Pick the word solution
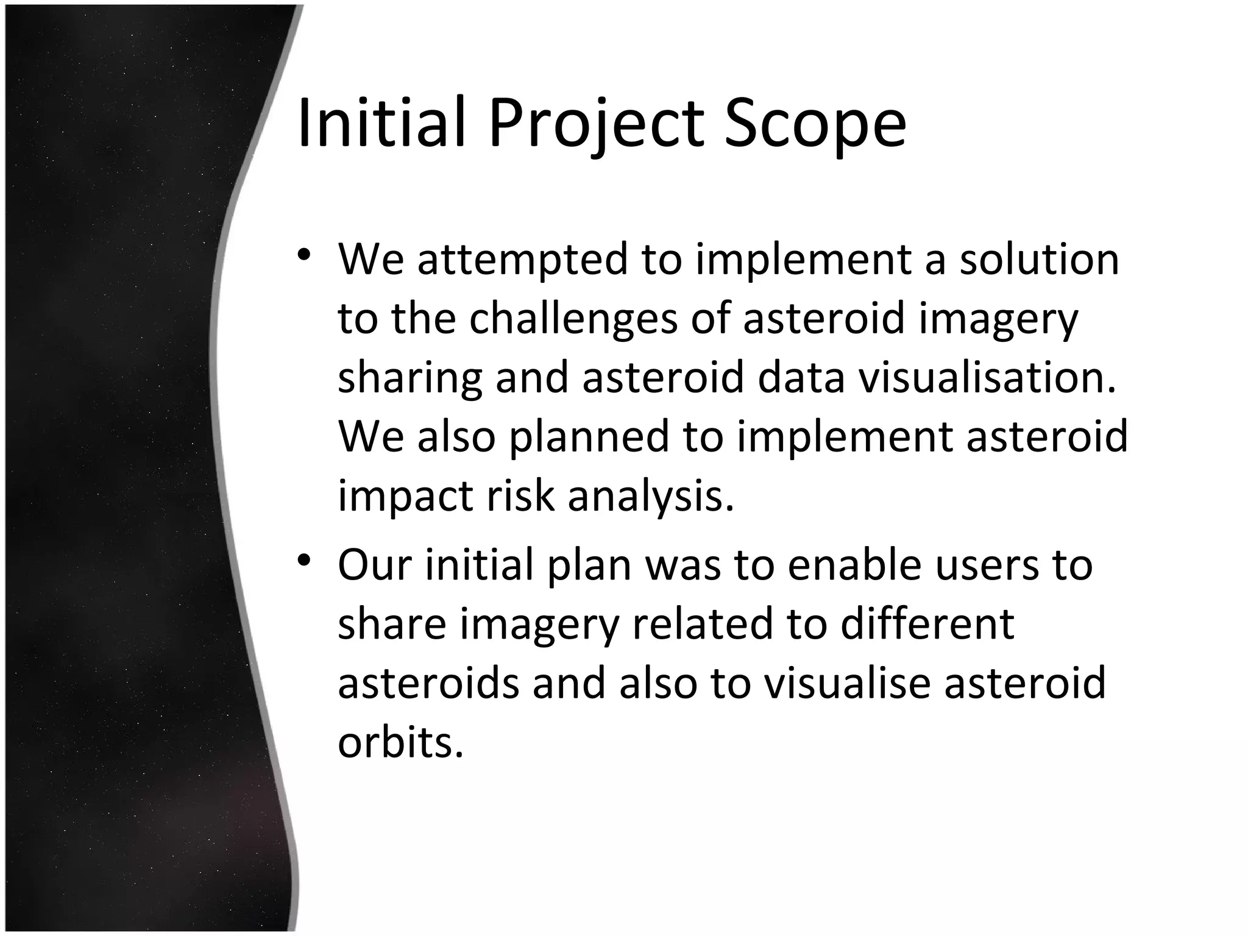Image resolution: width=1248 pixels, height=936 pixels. coord(1040,259)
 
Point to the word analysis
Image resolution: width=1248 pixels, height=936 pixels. coord(651,496)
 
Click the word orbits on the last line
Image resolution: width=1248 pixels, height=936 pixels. coord(400,742)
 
